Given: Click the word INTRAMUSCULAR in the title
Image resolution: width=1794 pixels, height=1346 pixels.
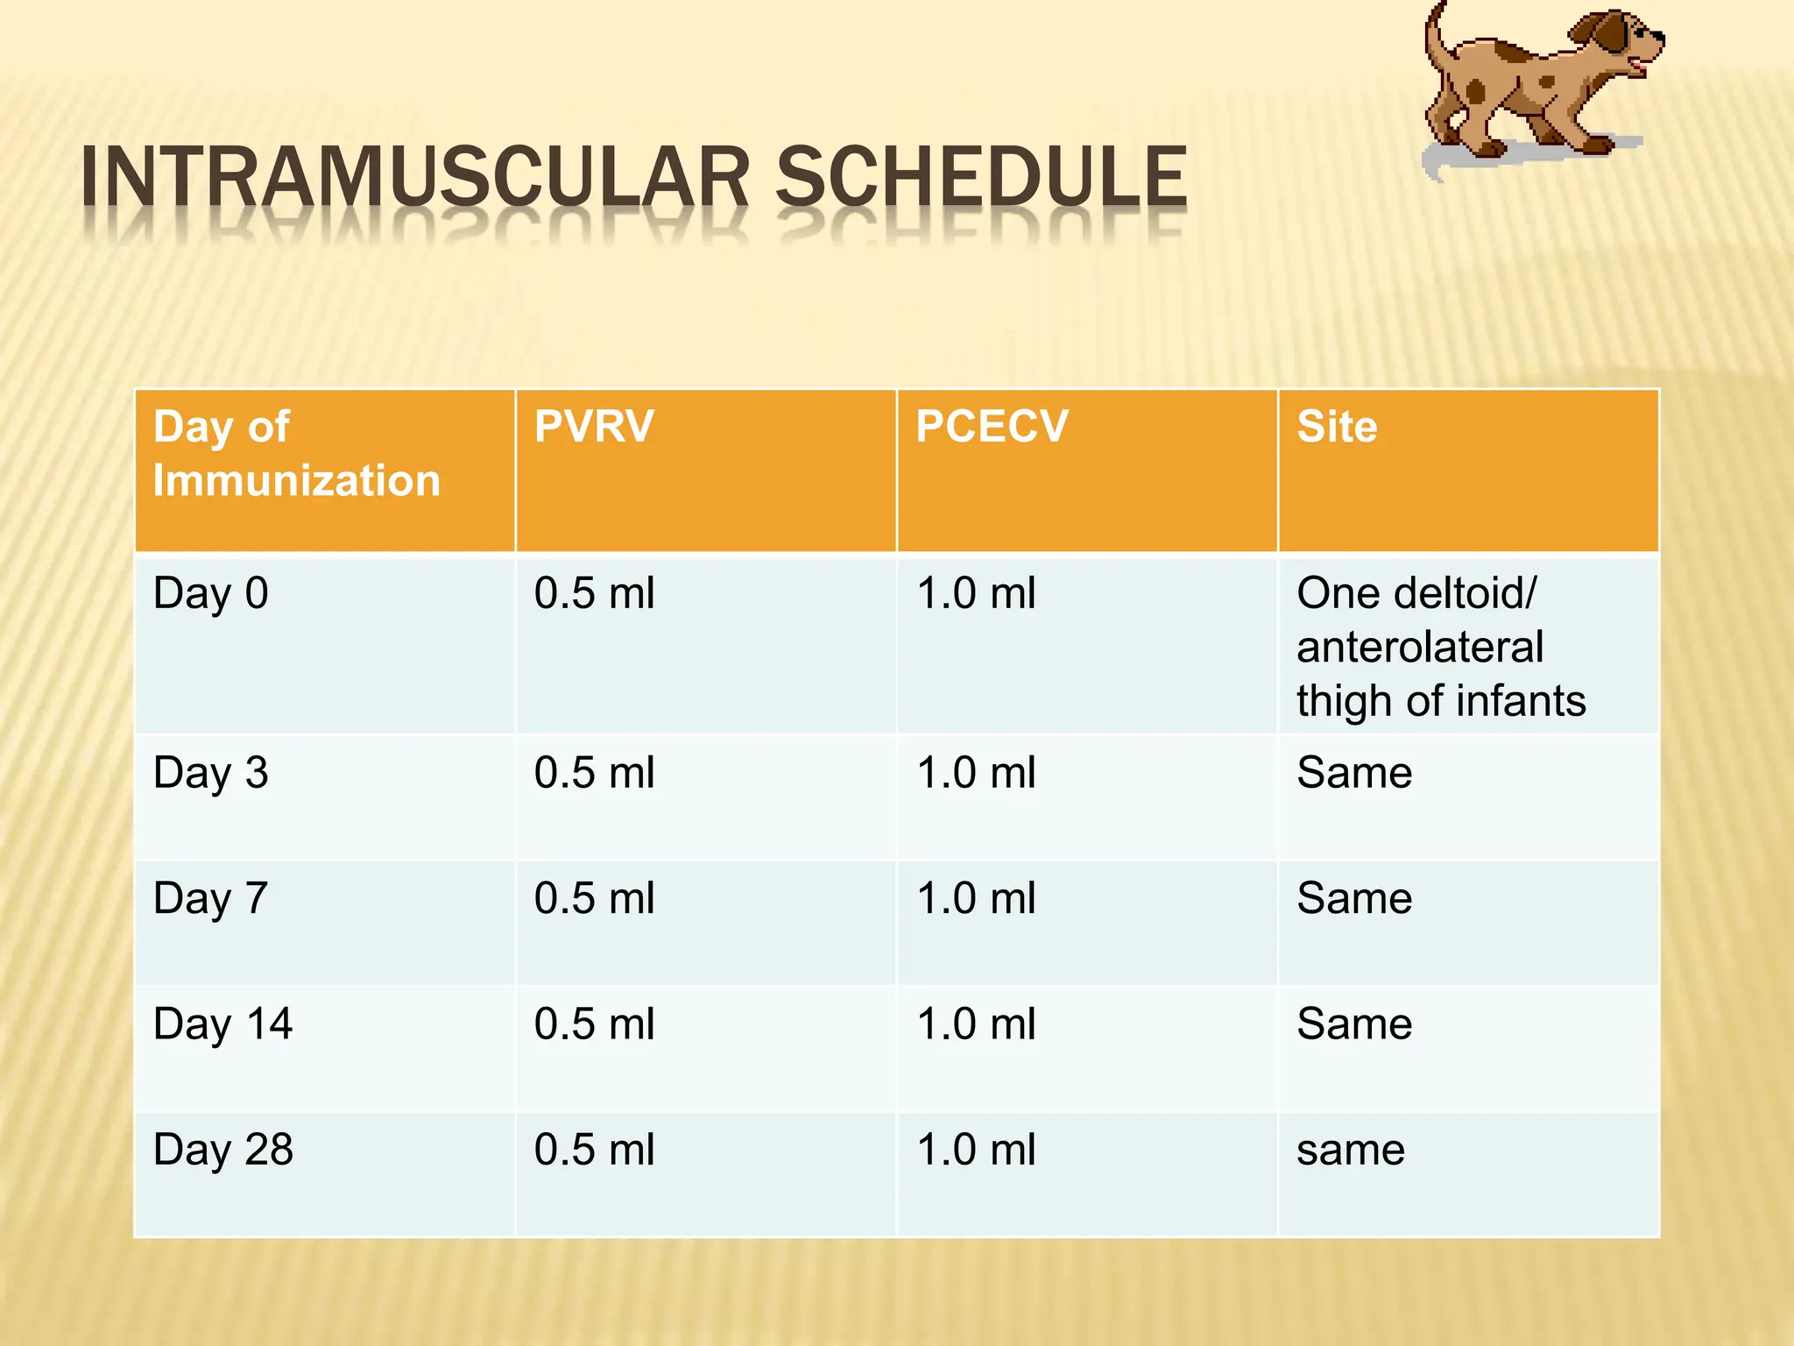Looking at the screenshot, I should [414, 178].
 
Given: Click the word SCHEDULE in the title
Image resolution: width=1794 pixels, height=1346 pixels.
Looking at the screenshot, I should [981, 178].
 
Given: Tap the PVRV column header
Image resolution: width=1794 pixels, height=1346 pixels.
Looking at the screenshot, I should [594, 427].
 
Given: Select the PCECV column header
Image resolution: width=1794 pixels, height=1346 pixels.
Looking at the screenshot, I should [992, 427].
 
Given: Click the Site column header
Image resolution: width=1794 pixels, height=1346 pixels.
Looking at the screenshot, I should [1337, 427].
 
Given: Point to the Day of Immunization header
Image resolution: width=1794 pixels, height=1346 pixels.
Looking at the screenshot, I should [296, 454].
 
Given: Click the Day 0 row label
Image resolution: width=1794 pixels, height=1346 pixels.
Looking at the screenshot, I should [210, 594].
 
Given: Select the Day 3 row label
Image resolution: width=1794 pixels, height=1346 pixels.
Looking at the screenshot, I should [210, 774].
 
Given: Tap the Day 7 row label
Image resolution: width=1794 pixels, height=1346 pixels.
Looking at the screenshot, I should [210, 899].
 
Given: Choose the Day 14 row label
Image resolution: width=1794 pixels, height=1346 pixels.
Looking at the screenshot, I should [222, 1024].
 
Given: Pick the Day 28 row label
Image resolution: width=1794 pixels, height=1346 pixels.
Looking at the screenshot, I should [222, 1150].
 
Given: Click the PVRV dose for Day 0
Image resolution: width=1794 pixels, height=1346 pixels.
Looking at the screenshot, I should [594, 594].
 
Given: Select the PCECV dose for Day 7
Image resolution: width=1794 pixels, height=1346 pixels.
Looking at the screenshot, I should [975, 899].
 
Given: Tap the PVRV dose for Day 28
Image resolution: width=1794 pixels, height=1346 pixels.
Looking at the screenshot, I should [594, 1150].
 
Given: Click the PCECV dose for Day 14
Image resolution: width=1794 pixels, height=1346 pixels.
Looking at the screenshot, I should [975, 1024].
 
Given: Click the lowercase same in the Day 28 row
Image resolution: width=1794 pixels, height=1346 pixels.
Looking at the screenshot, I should [1350, 1150].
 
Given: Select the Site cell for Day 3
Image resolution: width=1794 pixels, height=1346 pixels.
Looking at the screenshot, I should [1354, 774].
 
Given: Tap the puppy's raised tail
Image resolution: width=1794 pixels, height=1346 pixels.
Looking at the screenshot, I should [1435, 35].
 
